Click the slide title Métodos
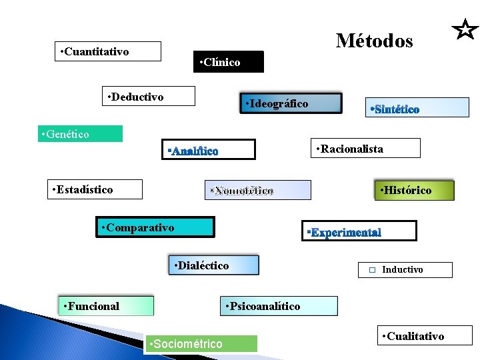tap(374, 41)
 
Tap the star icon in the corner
tap(465, 29)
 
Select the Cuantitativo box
tap(108, 51)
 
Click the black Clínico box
tap(229, 62)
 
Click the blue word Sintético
tap(394, 109)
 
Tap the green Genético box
tap(80, 134)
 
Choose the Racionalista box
tap(367, 148)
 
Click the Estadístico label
tap(96, 189)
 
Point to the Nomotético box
tap(257, 191)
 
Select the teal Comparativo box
tap(154, 227)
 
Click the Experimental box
tap(359, 231)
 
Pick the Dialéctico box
tap(213, 265)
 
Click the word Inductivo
tap(402, 270)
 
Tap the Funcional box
tap(106, 306)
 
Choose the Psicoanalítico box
tap(279, 306)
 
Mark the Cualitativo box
tap(425, 335)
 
